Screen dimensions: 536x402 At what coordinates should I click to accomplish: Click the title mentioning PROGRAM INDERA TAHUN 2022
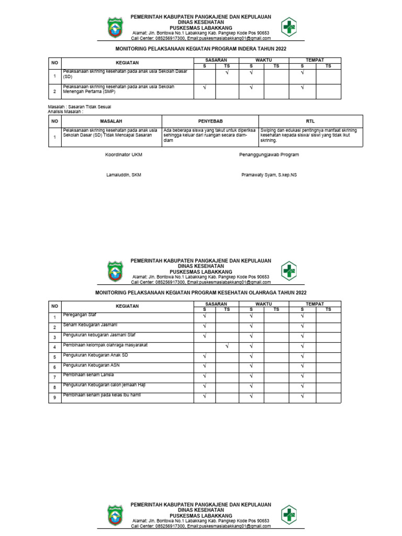coord(200,48)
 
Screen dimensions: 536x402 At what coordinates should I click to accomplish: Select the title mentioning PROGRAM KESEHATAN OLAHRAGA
coord(200,293)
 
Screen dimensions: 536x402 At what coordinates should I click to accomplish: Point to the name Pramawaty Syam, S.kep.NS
coord(269,175)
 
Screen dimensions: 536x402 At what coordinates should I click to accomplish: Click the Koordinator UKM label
coord(124,155)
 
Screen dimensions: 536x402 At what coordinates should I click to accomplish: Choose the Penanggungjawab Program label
coord(269,155)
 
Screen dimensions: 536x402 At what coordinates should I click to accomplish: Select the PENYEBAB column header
coord(210,121)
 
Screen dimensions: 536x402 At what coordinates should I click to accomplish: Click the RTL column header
coord(310,121)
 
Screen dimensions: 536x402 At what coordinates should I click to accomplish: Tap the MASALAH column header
coord(111,121)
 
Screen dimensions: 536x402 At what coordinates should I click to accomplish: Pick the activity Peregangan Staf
coord(80,315)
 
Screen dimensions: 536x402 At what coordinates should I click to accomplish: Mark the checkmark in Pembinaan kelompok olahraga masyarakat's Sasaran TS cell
coord(227,346)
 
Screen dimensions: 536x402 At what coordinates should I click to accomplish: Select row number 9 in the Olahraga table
coord(54,398)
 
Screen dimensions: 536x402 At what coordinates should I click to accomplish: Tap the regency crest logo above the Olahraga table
coord(116,271)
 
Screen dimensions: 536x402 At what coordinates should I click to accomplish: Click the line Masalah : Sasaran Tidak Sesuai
coord(80,107)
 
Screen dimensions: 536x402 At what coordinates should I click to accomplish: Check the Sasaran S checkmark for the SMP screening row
coord(205,87)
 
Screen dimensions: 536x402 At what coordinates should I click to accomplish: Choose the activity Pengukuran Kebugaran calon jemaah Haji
coord(104,385)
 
